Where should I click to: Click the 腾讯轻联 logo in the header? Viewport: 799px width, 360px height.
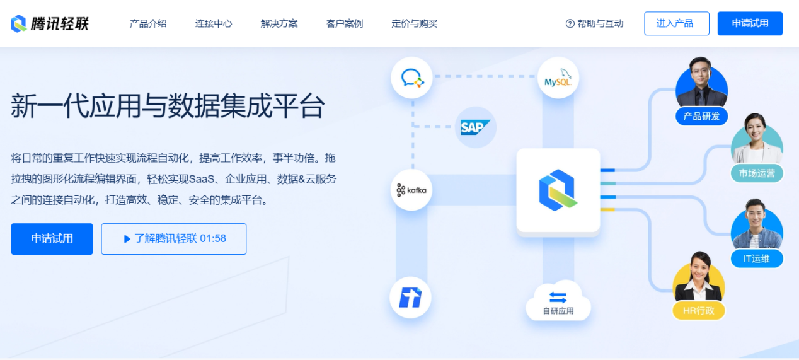click(50, 24)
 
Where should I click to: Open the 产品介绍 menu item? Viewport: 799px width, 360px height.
click(148, 24)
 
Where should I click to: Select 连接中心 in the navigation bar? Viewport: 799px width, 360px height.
click(214, 24)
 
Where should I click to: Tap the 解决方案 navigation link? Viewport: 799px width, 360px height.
click(279, 24)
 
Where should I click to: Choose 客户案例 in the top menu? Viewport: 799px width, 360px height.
click(345, 24)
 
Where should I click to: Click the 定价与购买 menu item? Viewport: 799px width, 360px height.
click(414, 24)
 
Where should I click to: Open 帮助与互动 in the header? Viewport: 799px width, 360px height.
click(594, 24)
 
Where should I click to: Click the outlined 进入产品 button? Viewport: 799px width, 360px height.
click(676, 23)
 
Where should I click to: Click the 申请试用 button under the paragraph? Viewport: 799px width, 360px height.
click(52, 239)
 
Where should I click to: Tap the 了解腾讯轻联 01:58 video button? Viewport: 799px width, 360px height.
click(173, 239)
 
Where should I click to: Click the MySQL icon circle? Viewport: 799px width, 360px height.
click(558, 78)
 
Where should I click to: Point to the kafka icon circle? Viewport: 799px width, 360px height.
click(411, 190)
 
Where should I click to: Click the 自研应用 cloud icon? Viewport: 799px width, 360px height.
click(558, 301)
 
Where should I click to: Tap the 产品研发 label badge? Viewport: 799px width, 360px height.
click(701, 116)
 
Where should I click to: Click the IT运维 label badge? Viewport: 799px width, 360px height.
click(756, 258)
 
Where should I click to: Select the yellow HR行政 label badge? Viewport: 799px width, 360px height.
click(698, 310)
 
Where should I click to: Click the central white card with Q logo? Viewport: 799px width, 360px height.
click(558, 190)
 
